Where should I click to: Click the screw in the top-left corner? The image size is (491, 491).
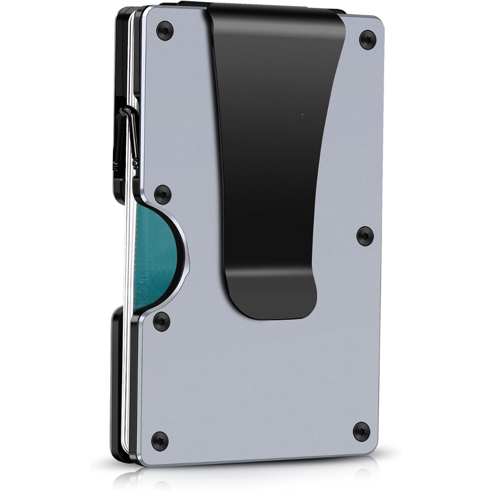165,30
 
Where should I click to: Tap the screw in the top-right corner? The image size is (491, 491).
367,39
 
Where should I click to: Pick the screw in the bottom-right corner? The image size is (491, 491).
361,431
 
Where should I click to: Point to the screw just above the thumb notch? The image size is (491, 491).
163,195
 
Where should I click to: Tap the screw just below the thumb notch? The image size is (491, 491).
161,321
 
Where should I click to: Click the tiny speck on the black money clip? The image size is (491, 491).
302,114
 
